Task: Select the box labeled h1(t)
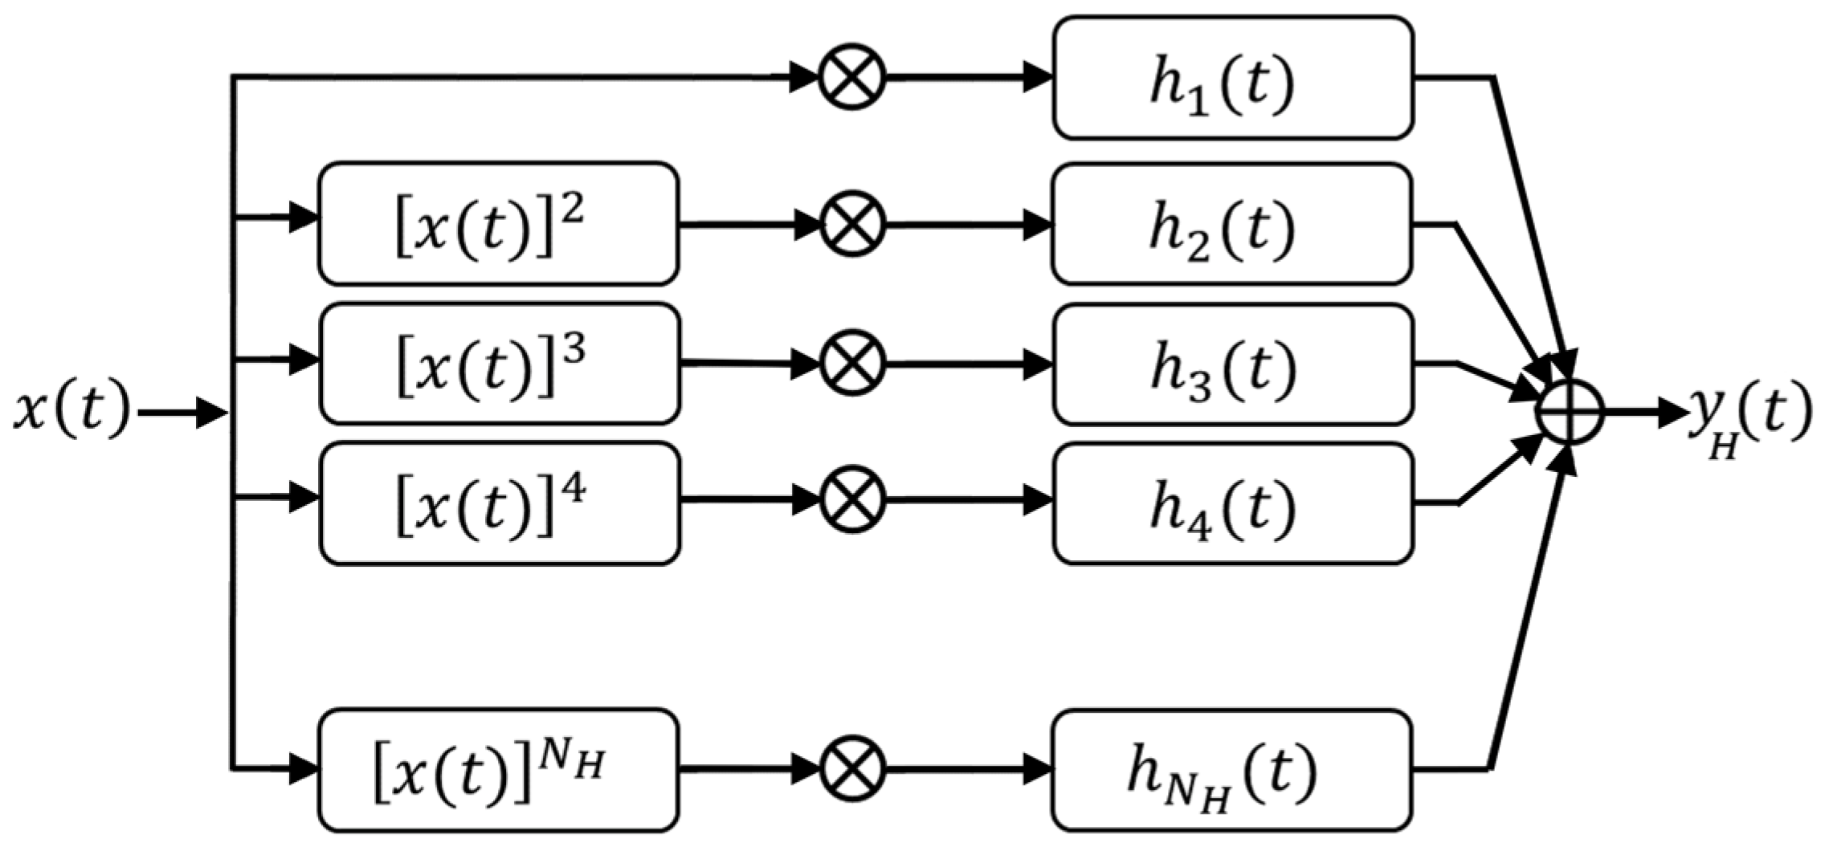(x=1232, y=78)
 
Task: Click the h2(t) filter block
(x=1231, y=224)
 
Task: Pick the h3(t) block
(x=1232, y=364)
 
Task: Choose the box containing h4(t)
(x=1232, y=503)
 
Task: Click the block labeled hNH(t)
(x=1231, y=771)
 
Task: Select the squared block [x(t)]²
(x=498, y=224)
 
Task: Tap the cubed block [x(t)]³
(x=500, y=364)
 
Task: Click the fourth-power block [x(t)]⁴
(x=500, y=503)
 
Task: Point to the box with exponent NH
(x=498, y=771)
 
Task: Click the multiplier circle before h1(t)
(x=851, y=78)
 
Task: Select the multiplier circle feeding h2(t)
(x=851, y=224)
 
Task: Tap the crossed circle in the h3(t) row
(x=851, y=364)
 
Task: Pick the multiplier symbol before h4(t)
(x=851, y=499)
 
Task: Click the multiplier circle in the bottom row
(x=851, y=768)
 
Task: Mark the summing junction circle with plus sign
(x=1569, y=412)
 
